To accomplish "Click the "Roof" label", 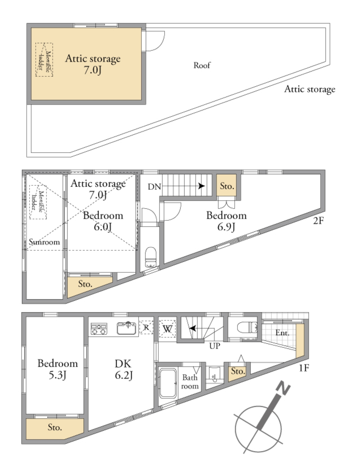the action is click(202, 65).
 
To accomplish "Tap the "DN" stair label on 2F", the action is click(154, 187).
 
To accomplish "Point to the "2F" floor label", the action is click(318, 221).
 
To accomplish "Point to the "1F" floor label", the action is click(304, 368).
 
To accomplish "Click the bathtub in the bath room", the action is click(168, 383).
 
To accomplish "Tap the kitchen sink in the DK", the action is click(126, 328).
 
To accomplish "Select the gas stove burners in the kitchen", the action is click(99, 329).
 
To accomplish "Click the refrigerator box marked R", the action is click(146, 327).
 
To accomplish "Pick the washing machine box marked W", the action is click(167, 329).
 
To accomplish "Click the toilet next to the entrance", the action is click(247, 327).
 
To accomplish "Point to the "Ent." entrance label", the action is click(282, 333).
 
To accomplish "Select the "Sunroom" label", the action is click(44, 242).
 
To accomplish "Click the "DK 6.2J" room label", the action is click(123, 369).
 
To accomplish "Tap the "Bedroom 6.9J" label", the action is click(226, 221).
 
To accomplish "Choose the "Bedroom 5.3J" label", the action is click(58, 369).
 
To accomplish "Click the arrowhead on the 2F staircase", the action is click(202, 186).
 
